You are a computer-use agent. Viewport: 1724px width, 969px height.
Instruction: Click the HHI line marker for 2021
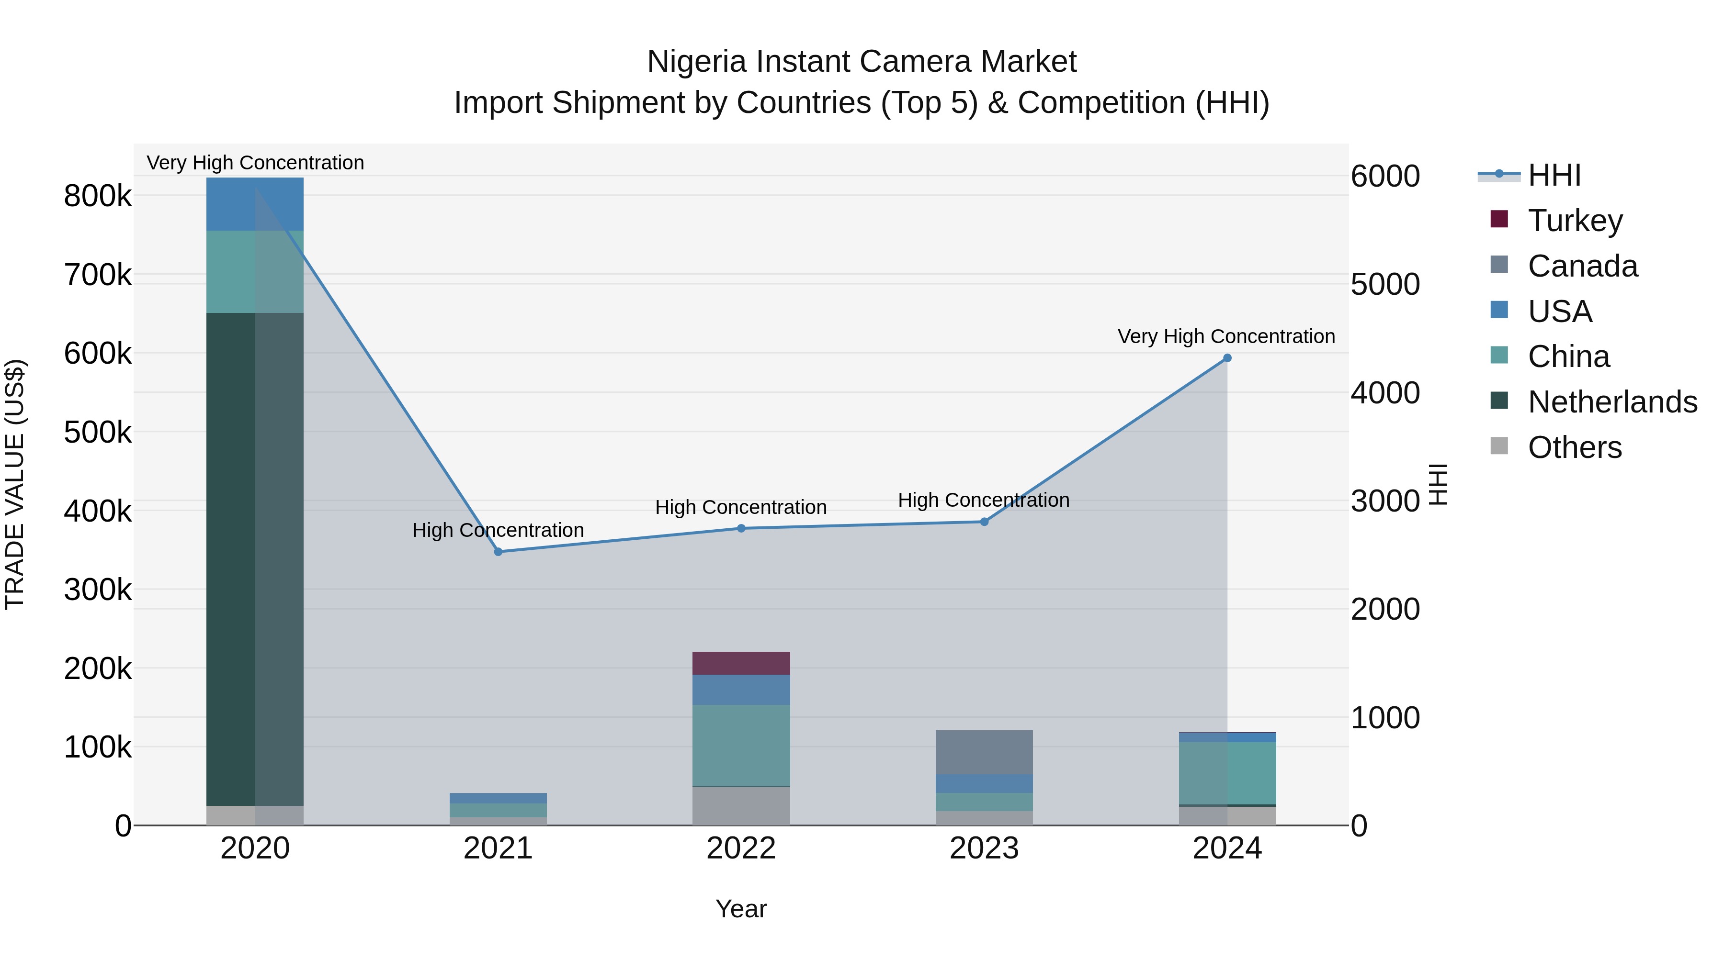coord(498,552)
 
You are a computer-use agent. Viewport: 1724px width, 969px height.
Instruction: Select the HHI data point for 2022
coord(741,528)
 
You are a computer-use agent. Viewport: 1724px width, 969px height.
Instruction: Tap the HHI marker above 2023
coord(984,522)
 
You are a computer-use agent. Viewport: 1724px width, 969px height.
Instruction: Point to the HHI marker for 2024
coord(1227,358)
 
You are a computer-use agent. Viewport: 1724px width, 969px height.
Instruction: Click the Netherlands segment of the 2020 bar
coord(254,558)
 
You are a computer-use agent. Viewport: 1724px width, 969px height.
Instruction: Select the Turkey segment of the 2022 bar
coord(741,663)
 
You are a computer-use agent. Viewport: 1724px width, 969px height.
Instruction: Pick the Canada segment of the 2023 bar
coord(984,752)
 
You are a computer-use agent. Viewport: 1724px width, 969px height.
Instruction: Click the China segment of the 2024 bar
coord(1227,772)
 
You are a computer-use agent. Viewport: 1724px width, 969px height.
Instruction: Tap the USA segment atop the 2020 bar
coord(254,204)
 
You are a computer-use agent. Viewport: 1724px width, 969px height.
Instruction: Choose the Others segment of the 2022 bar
coord(741,805)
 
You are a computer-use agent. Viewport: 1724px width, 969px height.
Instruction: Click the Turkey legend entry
coord(1575,220)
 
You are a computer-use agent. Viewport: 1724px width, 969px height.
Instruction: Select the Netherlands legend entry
coord(1611,402)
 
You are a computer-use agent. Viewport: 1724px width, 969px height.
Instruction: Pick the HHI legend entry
coord(1554,175)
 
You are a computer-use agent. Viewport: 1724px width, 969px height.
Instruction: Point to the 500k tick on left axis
coord(98,432)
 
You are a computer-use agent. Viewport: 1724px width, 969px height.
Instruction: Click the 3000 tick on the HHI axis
coord(1384,501)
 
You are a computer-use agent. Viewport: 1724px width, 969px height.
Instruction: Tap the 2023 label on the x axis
coord(984,848)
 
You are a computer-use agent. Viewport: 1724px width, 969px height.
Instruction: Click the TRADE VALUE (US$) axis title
coord(15,484)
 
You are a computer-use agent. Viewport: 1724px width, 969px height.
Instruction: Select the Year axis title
coord(741,909)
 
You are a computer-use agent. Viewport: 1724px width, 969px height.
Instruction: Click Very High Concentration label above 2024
coord(1226,336)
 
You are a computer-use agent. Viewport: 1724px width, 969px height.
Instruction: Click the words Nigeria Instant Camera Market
coord(862,62)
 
